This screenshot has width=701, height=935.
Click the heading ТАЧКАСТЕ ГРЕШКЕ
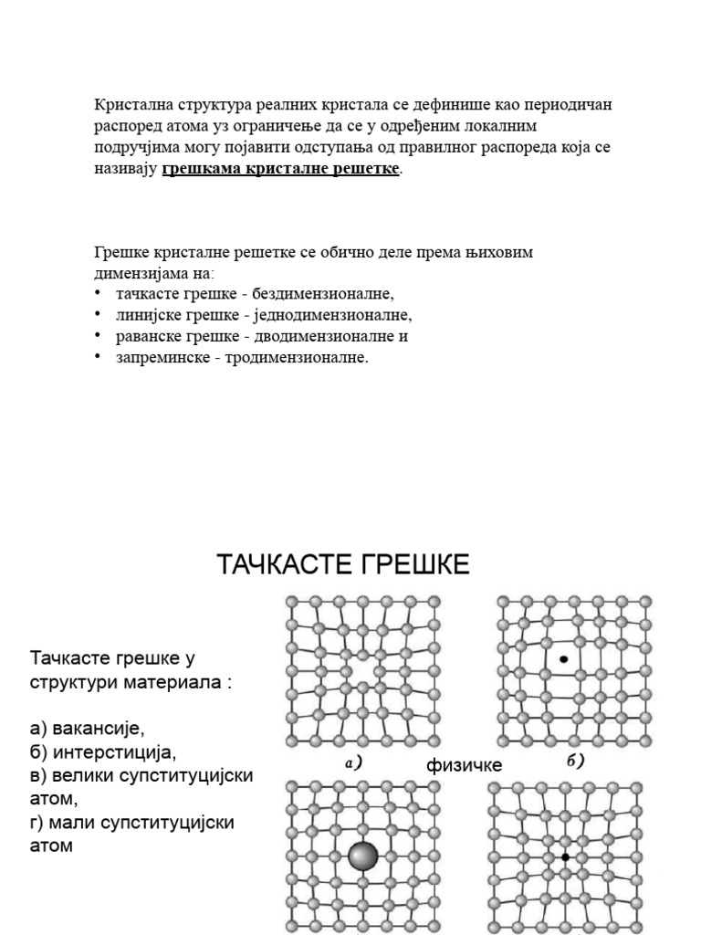pos(343,565)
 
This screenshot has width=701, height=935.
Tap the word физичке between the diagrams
pos(464,765)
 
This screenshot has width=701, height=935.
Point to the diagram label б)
pos(575,762)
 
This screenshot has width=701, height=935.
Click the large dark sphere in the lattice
pos(362,856)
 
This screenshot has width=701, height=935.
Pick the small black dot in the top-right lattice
pos(564,658)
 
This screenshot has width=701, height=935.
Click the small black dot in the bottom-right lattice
pos(566,856)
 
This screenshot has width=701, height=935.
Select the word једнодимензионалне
pos(343,315)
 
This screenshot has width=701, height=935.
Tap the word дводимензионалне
pos(338,336)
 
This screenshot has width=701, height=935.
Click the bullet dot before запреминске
pos(98,357)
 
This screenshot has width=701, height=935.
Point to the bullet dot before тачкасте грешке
pos(98,293)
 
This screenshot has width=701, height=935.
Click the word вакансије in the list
pos(99,728)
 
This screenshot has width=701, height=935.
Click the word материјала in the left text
pos(174,681)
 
